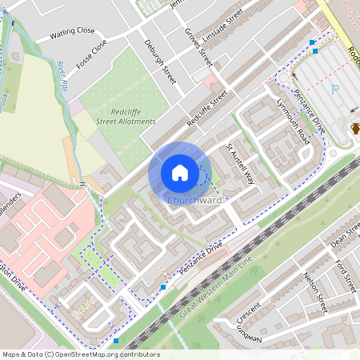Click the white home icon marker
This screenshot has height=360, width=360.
click(180, 172)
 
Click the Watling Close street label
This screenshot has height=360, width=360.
click(72, 33)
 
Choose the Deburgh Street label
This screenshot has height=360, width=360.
click(159, 62)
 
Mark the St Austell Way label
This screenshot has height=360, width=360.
click(238, 163)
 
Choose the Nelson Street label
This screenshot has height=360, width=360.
click(315, 291)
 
